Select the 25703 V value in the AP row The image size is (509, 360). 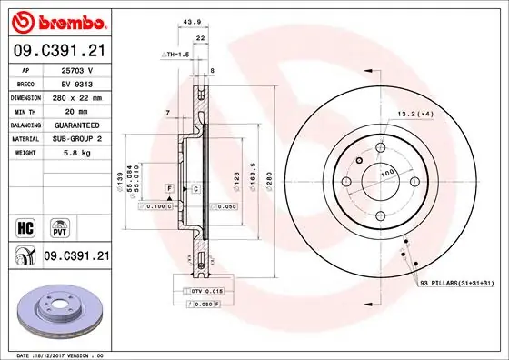76,69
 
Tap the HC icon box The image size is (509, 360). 27,225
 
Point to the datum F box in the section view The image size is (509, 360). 168,187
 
